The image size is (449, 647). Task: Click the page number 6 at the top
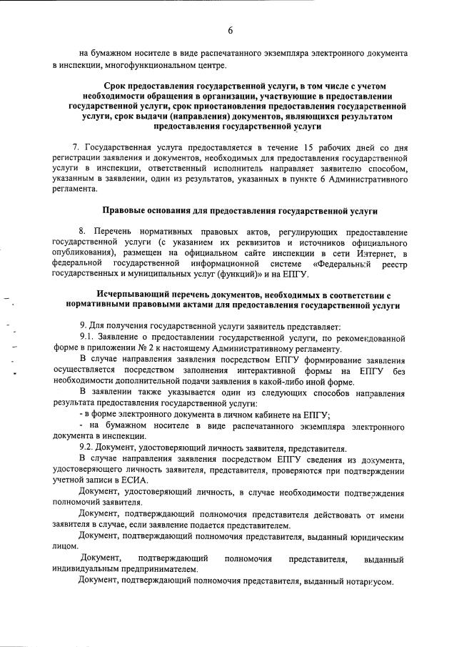(x=231, y=29)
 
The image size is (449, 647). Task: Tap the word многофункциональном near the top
(x=163, y=66)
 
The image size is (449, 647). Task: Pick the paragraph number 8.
(x=82, y=233)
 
